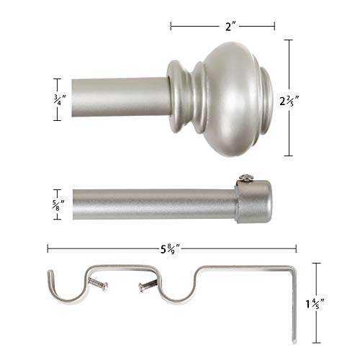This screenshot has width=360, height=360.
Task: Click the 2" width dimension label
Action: tap(222, 25)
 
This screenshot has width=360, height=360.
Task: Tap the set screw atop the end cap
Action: tap(247, 176)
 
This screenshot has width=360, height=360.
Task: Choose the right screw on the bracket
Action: tap(148, 287)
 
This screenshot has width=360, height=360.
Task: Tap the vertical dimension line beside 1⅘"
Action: tap(317, 300)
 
